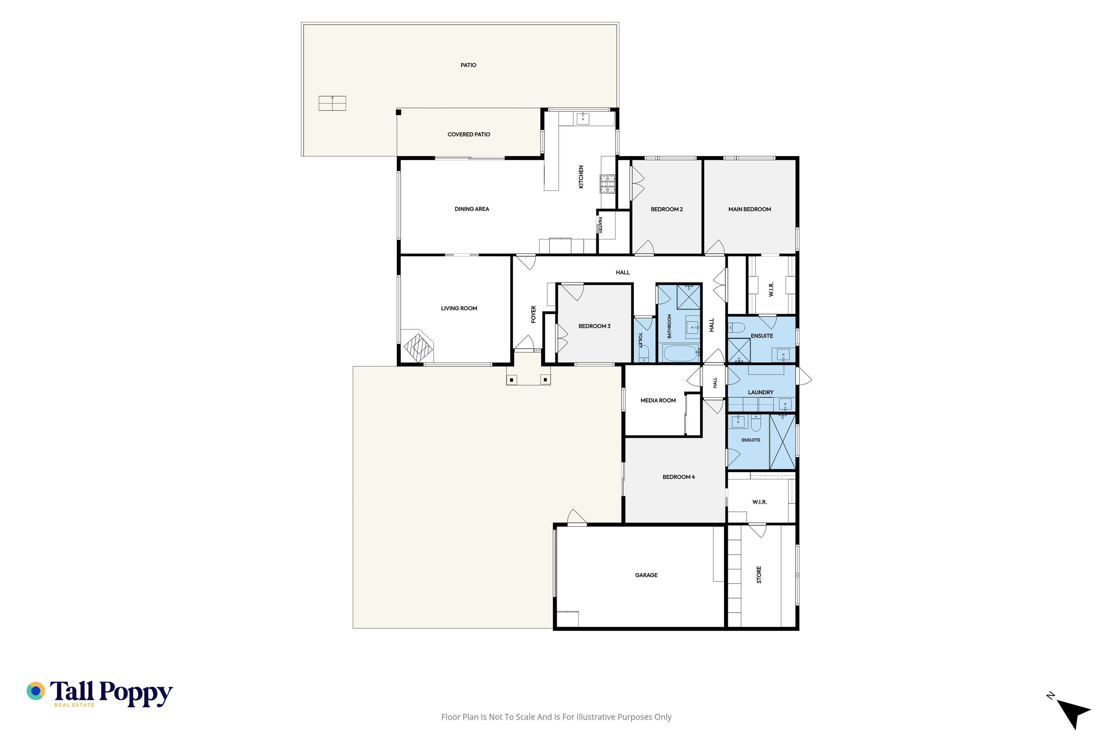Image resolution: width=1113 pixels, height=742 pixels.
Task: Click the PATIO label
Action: point(468,65)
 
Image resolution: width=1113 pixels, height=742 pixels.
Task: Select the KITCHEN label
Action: point(581,177)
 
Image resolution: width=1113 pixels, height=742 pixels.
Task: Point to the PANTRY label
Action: point(600,225)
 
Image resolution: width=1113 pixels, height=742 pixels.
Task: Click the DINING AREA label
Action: point(472,209)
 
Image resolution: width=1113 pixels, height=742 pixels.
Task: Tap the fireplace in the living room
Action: point(418,347)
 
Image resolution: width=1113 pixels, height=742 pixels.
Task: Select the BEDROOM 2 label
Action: point(666,209)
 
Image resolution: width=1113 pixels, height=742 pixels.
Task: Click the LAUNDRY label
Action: point(761,392)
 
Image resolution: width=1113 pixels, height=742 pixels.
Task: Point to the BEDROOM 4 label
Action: point(678,477)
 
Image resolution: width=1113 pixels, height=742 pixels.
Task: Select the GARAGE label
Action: point(646,575)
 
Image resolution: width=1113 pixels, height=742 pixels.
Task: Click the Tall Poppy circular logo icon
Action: point(36,691)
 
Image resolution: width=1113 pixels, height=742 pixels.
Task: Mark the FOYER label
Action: point(533,314)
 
